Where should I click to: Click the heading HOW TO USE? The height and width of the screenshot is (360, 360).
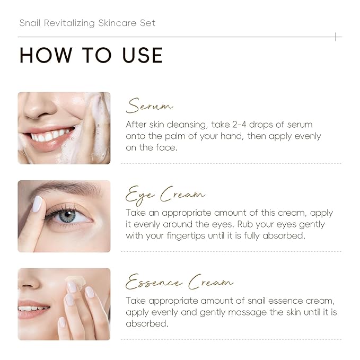[91, 56]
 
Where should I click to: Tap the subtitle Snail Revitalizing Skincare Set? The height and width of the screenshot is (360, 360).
[87, 23]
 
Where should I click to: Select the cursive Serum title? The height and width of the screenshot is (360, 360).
[150, 106]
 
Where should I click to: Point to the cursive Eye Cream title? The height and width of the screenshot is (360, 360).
[165, 195]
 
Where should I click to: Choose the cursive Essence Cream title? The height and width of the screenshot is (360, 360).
[179, 283]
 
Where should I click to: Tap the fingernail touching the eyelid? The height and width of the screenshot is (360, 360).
[37, 204]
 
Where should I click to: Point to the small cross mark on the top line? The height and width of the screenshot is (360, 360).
[335, 37]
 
